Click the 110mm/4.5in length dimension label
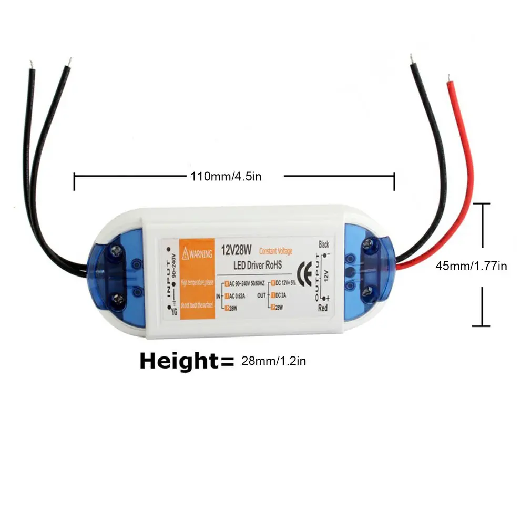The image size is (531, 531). point(226,176)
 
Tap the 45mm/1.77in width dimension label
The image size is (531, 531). point(471,266)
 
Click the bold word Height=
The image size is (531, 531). point(186,361)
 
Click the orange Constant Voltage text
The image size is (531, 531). point(275,251)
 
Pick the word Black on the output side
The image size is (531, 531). point(323,244)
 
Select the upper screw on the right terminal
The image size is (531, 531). point(368,243)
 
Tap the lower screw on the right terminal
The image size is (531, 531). point(368,290)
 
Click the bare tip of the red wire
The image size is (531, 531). point(448,79)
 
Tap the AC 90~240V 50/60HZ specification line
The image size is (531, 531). point(244,284)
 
